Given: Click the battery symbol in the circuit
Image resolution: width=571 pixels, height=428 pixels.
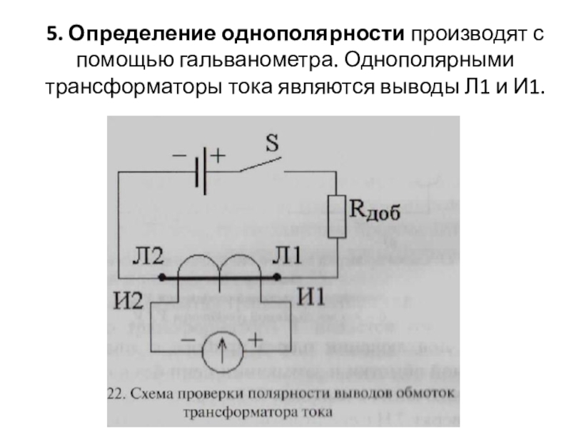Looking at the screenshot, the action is tap(201, 171).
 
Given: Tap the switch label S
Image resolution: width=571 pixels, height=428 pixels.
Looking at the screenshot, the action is tap(272, 143).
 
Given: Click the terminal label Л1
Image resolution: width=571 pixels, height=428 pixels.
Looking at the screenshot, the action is tap(288, 257).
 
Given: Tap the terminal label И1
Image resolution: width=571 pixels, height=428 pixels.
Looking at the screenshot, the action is tap(312, 294).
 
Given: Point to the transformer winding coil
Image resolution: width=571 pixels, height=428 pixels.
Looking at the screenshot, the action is tap(220, 270).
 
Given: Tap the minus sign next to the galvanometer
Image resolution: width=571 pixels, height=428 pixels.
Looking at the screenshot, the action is tap(188, 340).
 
